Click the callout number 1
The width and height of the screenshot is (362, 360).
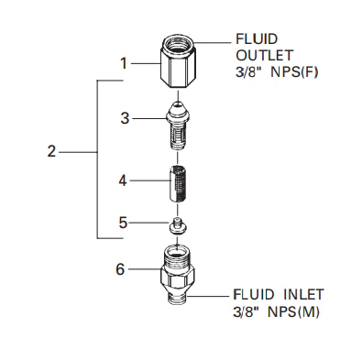coord(124,63)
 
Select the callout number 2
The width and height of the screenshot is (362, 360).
coord(51,151)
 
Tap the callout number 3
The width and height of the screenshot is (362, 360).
coord(125,118)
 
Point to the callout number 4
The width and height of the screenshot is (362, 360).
coord(123,180)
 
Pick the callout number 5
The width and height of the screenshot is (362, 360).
coord(123,223)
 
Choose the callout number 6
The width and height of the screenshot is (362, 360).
coord(120,269)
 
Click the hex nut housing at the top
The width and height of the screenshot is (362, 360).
coord(178,61)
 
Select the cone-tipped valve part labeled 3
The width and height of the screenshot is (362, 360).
coord(178,125)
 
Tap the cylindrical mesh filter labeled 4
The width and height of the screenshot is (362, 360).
coord(178,183)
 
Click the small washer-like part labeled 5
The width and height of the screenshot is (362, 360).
coord(178,226)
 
